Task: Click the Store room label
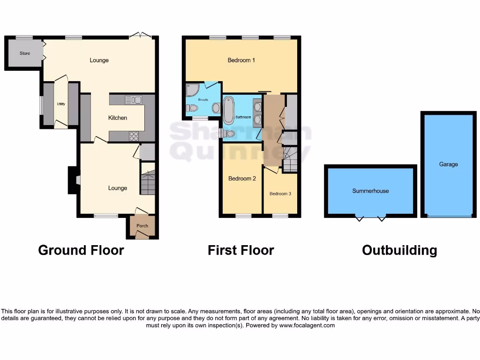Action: (x=25, y=53)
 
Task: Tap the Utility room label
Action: (x=61, y=104)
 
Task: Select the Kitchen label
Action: (x=118, y=118)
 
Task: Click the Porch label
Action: (x=142, y=226)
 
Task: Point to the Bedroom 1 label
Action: (x=241, y=60)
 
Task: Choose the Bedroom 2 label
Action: (x=242, y=179)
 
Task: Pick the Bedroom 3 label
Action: (x=280, y=194)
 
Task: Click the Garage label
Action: (x=449, y=165)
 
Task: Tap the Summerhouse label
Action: (x=370, y=191)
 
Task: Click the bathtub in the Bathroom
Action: (x=229, y=110)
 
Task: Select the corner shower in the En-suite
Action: (x=193, y=90)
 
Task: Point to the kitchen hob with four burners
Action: (x=134, y=136)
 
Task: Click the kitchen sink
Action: (x=134, y=99)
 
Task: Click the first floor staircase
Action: (x=290, y=159)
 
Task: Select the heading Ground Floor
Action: (x=81, y=250)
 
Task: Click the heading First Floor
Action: (x=241, y=250)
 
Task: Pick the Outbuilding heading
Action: (x=399, y=250)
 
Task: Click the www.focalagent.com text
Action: (x=307, y=325)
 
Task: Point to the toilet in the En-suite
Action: (x=192, y=108)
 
